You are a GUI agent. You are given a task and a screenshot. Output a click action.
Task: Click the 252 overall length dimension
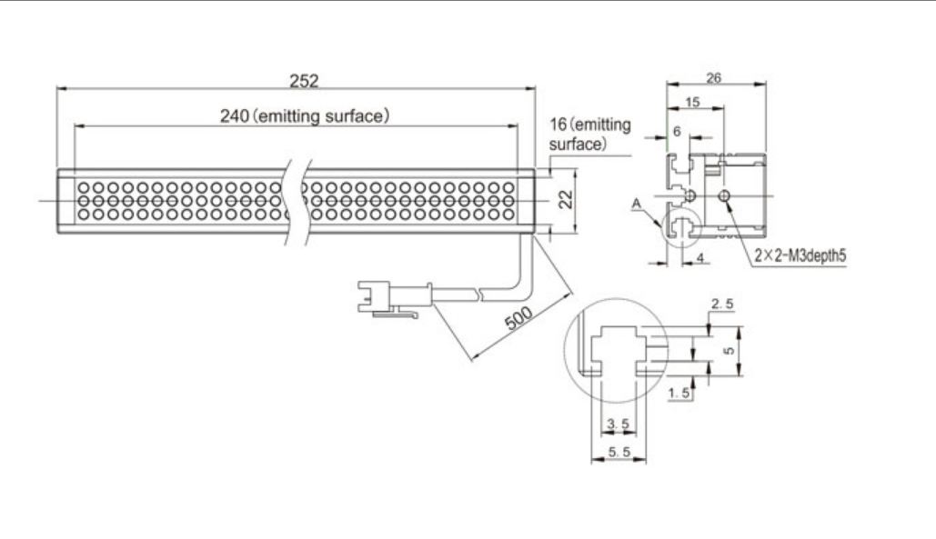(304, 81)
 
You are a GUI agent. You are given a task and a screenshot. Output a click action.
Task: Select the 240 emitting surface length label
(305, 115)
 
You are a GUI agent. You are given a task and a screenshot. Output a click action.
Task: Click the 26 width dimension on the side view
(714, 78)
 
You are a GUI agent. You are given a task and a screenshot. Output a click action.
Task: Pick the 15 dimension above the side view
(692, 103)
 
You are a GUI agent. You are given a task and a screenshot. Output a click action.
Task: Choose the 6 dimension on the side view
(676, 131)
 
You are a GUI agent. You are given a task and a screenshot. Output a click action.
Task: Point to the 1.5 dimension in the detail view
(679, 392)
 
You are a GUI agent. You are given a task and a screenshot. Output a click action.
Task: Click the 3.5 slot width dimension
(618, 423)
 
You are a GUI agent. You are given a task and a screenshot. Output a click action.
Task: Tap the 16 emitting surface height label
(589, 135)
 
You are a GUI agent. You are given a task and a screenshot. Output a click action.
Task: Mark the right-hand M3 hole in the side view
(724, 196)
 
